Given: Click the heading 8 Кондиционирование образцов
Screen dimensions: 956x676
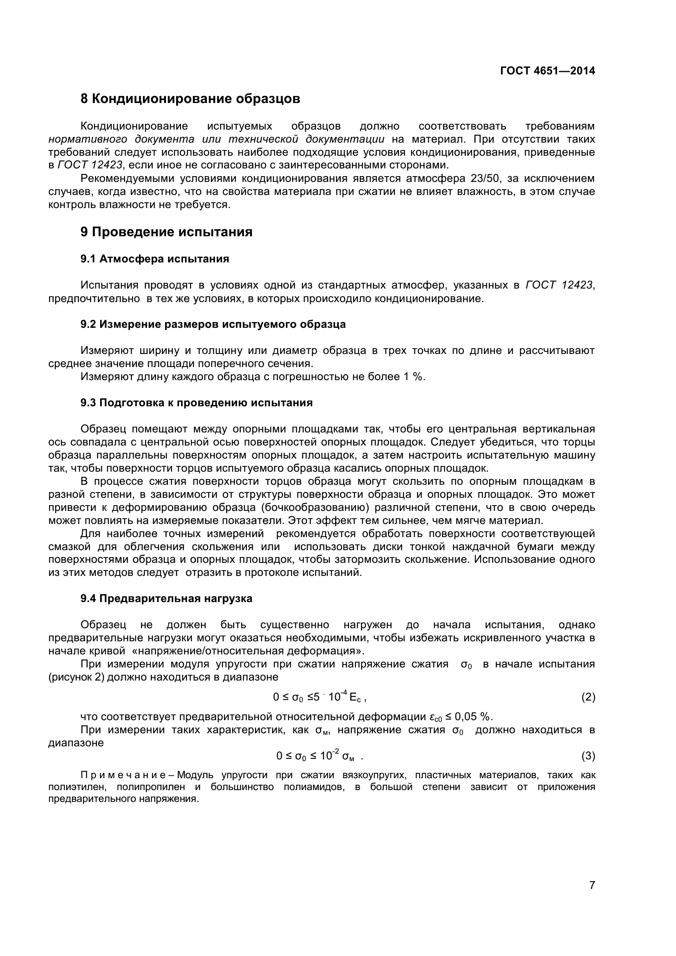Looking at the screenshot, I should tap(190, 99).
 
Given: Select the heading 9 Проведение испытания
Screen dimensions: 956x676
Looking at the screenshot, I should tap(166, 232).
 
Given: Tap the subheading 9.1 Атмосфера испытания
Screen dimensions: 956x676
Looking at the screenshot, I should tap(155, 259).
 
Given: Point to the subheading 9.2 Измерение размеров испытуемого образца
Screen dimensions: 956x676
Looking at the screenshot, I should tap(213, 324).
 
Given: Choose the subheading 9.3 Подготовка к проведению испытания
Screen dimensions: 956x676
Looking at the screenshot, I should tap(197, 403).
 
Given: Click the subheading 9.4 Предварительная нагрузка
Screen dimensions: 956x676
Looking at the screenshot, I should tap(166, 598).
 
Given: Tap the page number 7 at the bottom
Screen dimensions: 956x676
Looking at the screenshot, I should tap(592, 896).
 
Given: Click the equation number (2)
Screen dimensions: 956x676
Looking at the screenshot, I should tap(588, 697).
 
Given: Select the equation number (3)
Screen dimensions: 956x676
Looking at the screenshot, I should tap(588, 756).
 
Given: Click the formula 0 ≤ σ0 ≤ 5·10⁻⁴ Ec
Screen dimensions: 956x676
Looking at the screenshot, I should tap(319, 696).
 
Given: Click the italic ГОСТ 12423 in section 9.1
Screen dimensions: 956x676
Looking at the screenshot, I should tap(559, 285).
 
